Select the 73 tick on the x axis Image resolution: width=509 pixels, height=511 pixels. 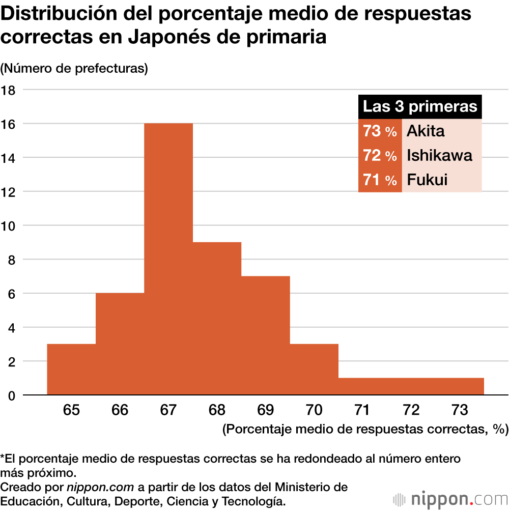(460, 410)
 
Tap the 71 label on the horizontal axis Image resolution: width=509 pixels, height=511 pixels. (362, 410)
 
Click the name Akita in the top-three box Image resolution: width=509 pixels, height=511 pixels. (426, 131)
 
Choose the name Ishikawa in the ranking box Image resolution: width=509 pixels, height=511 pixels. (439, 155)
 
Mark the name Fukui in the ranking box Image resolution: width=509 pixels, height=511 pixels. (427, 180)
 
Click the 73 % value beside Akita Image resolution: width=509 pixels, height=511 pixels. (380, 131)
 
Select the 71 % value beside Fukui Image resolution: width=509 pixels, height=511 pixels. (380, 180)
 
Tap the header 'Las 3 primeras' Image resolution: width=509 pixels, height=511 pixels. (420, 107)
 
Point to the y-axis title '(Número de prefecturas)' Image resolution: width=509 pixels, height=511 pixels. (74, 68)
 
